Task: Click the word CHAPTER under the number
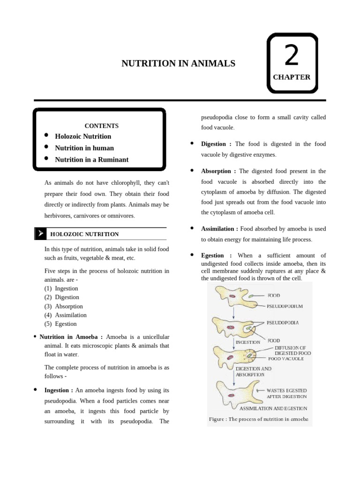(292, 77)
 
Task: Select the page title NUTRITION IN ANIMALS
(178, 63)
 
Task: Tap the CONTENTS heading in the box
(101, 126)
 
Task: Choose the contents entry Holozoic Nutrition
(83, 136)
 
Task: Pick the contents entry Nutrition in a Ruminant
(91, 159)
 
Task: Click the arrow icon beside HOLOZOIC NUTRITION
(40, 233)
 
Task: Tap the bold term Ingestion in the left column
(59, 390)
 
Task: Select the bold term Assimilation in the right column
(219, 229)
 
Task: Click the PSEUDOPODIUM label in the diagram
(285, 306)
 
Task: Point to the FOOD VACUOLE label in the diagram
(286, 359)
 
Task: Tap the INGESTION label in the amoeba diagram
(247, 342)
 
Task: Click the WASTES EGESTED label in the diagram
(286, 390)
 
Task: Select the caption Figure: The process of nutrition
(258, 419)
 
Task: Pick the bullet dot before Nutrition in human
(46, 147)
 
